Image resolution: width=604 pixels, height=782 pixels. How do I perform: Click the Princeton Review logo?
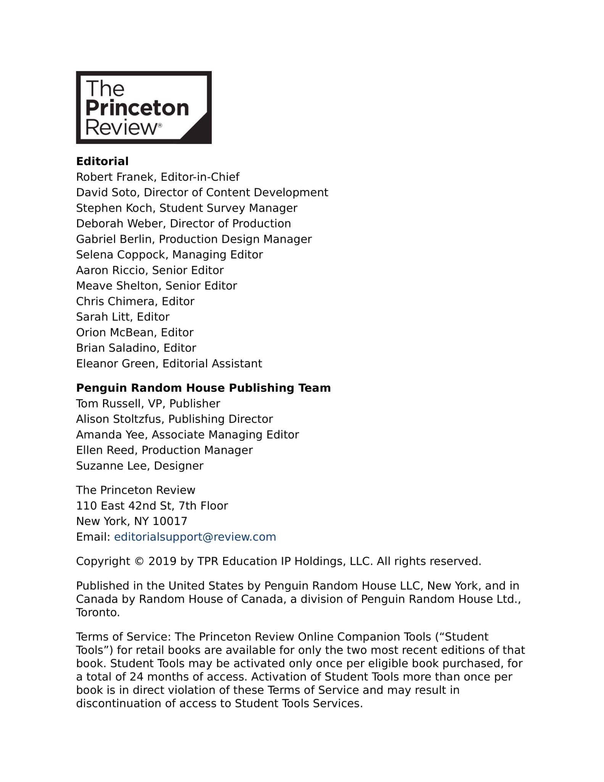click(x=143, y=107)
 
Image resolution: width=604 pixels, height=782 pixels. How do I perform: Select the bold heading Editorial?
click(x=102, y=162)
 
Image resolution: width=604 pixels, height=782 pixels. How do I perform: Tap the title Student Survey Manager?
click(x=228, y=208)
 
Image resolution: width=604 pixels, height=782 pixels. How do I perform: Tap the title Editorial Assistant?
click(x=212, y=364)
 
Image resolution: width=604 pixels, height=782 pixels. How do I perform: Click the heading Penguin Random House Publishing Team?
click(x=203, y=388)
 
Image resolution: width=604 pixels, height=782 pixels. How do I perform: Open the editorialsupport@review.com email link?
click(x=195, y=537)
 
